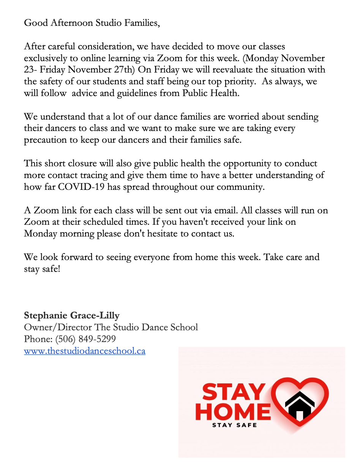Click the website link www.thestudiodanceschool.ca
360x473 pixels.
(x=84, y=351)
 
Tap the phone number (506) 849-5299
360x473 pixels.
(x=85, y=339)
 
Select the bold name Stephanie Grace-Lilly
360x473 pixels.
(x=72, y=315)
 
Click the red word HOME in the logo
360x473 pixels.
(x=233, y=412)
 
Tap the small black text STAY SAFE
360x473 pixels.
(x=235, y=425)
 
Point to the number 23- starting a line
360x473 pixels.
(x=30, y=70)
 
